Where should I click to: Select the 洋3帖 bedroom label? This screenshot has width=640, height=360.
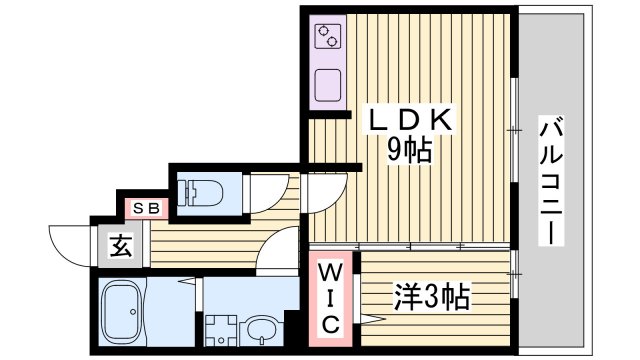[433, 296]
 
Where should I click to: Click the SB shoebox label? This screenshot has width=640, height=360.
[146, 209]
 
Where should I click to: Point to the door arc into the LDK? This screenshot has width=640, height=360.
[322, 190]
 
